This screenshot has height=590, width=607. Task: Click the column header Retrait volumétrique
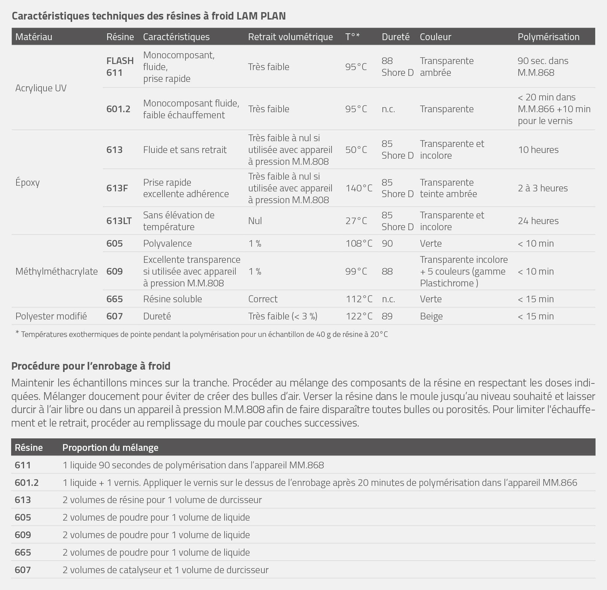290,37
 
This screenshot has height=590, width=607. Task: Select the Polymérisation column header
548,37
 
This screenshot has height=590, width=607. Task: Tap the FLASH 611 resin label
120,66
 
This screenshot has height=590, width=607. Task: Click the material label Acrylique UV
41,88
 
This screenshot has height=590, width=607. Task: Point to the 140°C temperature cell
359,188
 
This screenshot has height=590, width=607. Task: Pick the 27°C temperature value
356,221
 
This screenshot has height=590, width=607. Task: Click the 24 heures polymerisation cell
538,221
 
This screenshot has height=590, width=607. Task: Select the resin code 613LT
119,221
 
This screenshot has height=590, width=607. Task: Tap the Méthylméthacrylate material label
56,271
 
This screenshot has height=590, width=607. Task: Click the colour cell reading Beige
431,316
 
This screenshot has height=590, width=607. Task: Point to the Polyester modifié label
51,316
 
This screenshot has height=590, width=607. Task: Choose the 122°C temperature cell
359,316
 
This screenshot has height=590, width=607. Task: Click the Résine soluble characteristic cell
172,299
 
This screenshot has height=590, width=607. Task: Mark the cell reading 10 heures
538,150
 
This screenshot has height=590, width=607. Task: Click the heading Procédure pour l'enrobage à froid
91,366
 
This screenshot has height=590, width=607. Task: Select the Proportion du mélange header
110,447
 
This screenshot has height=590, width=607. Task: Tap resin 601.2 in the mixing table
27,483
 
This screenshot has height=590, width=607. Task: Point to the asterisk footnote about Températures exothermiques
201,334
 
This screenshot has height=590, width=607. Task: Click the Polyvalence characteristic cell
167,243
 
